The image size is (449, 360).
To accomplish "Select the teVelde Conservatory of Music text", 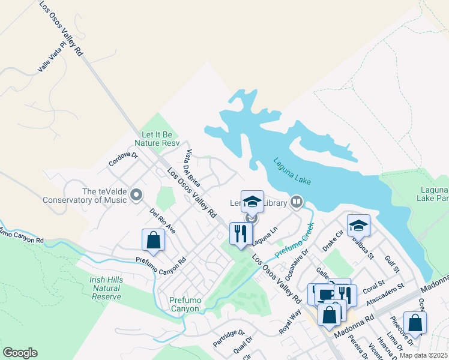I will [84, 196].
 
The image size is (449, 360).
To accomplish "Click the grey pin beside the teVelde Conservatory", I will [136, 195].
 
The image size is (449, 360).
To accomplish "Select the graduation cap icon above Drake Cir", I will [358, 225].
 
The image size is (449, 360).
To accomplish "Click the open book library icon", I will [296, 202].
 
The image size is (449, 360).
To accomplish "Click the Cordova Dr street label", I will [123, 159].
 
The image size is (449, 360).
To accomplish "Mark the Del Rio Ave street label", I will [163, 221].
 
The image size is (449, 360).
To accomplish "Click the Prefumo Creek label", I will [295, 241].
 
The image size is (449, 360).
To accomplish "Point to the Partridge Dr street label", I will [229, 338].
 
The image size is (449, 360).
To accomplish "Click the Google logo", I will [20, 353].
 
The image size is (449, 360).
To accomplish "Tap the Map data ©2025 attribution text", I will [423, 355].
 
